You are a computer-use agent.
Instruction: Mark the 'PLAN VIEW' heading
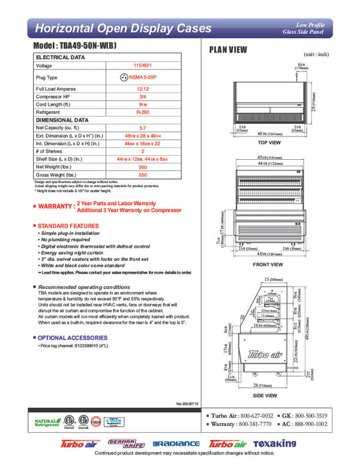pyautogui.click(x=228, y=49)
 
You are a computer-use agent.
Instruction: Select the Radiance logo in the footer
pyautogui.click(x=176, y=443)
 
